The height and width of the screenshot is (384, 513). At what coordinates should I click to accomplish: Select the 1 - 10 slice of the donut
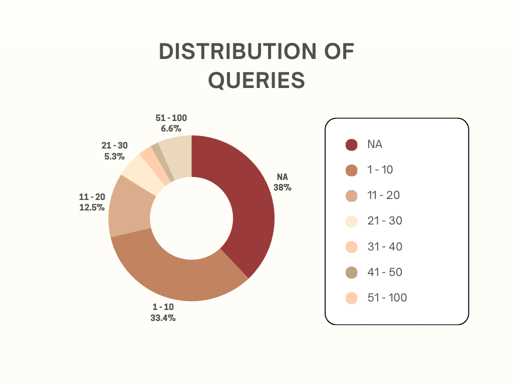click(177, 274)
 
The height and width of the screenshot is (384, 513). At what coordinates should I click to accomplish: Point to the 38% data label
click(283, 187)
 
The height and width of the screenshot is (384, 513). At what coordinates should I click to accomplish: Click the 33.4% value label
click(163, 317)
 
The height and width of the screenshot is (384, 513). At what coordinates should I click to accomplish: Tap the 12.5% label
click(92, 207)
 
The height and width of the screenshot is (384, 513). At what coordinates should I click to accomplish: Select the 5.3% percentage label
click(115, 156)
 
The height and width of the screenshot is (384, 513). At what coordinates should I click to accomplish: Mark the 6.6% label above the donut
click(171, 128)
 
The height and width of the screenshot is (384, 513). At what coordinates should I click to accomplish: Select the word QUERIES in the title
click(256, 80)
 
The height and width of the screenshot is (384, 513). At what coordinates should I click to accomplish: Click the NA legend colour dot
click(351, 144)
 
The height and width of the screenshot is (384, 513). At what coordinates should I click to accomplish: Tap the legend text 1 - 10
click(380, 170)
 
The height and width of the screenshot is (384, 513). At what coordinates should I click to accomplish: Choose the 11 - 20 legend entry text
click(383, 195)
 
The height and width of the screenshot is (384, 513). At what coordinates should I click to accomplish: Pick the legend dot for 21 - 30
click(351, 221)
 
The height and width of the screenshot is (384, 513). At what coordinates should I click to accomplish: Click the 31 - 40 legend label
click(385, 246)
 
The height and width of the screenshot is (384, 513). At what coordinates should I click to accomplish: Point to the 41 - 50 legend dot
click(351, 272)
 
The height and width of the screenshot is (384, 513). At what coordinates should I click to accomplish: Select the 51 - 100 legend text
click(387, 298)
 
